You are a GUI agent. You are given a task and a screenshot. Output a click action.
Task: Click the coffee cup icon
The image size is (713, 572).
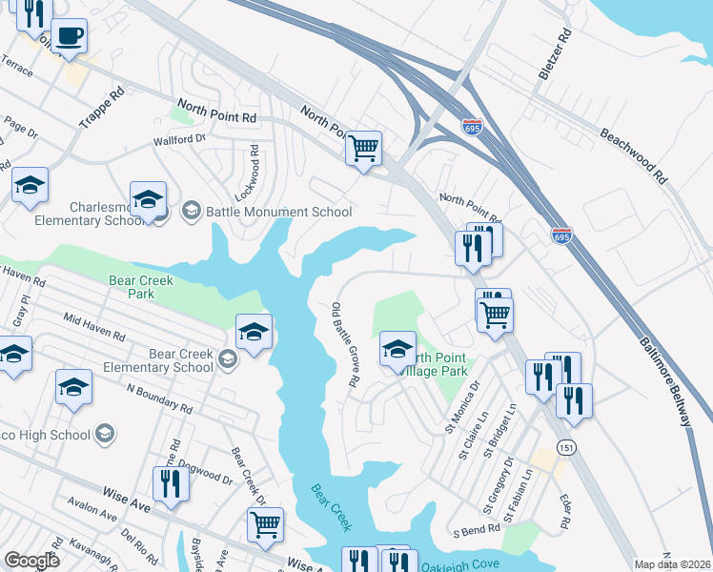69,37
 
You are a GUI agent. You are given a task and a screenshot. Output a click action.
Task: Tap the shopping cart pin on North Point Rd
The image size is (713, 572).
363,149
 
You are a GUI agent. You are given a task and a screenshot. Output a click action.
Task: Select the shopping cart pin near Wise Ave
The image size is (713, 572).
265,523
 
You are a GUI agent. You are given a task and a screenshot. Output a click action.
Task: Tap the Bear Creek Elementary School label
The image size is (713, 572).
168,360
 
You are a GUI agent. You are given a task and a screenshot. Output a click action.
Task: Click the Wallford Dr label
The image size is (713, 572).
180,139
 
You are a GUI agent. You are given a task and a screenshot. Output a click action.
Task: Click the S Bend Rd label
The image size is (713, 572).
476,529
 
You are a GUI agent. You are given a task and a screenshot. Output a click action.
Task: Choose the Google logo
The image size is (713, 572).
31,560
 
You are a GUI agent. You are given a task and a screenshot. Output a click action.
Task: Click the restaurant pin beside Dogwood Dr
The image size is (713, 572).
171,483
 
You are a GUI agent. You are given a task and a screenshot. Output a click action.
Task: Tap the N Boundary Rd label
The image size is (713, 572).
160,399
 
